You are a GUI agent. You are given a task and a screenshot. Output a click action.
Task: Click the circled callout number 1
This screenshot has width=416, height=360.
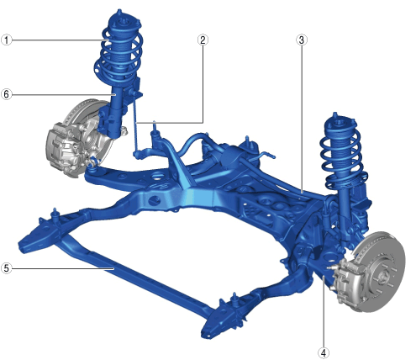click(x=7, y=40)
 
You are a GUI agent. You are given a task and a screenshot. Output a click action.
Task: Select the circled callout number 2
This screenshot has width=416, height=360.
click(x=203, y=40)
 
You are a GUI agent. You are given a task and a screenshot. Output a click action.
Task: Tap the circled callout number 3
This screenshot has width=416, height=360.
click(x=302, y=40)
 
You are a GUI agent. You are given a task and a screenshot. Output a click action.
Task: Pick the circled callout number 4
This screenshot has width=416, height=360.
click(x=324, y=353)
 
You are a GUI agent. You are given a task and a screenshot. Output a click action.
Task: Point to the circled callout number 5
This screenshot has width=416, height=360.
click(x=7, y=268)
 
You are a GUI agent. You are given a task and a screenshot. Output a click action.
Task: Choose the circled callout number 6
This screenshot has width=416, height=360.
click(x=7, y=94)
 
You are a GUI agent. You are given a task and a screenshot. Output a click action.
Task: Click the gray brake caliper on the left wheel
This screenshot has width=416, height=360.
click(x=63, y=149)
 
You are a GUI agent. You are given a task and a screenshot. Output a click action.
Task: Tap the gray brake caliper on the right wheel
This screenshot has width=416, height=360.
click(x=350, y=283)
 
